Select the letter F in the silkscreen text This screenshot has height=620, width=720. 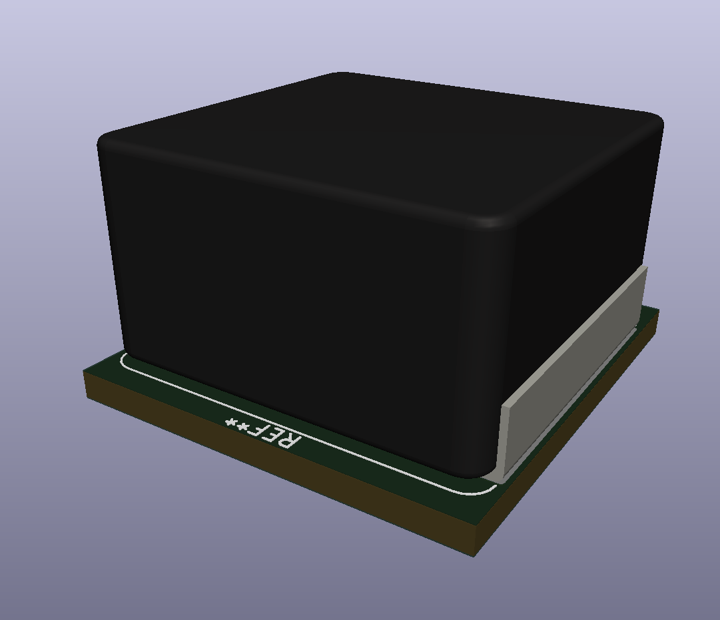256,430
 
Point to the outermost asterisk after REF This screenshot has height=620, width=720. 231,422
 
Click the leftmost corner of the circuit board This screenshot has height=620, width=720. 85,373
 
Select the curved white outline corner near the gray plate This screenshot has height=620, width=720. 491,490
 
